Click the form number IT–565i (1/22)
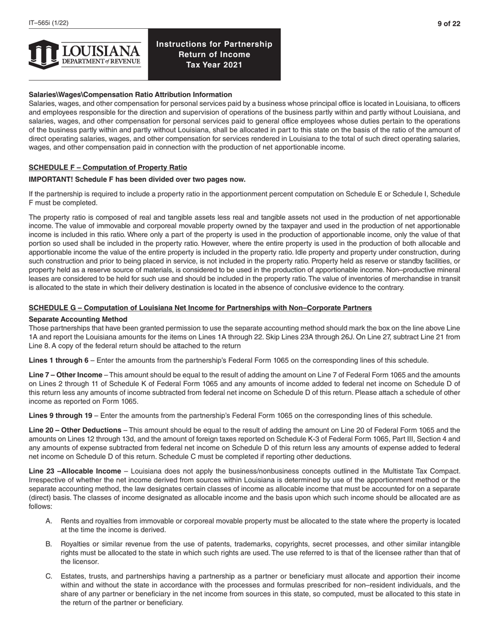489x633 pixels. click(x=48, y=23)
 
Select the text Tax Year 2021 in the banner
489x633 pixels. click(x=214, y=65)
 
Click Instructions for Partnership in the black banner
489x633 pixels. click(x=214, y=44)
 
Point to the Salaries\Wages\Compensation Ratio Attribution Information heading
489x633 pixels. click(x=130, y=95)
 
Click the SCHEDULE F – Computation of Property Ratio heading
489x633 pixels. click(x=108, y=167)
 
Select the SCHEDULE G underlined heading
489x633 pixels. click(x=200, y=308)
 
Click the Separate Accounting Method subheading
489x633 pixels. click(x=78, y=319)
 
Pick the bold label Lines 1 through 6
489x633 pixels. click(x=58, y=360)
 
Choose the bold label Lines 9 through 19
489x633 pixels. click(x=60, y=415)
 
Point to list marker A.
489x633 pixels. click(x=49, y=521)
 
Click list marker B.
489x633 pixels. click(x=49, y=544)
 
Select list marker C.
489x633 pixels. click(x=49, y=576)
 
